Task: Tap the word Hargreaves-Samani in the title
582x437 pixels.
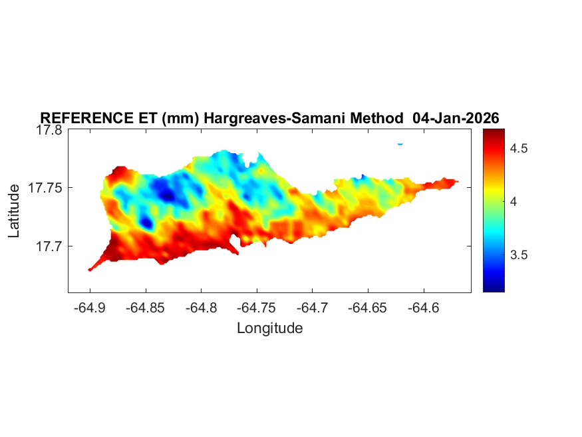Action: tap(265, 118)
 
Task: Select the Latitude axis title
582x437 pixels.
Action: tap(15, 211)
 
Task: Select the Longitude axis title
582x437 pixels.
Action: tap(269, 328)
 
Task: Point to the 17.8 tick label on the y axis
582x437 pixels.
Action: tap(49, 130)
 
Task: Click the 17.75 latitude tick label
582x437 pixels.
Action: tap(45, 188)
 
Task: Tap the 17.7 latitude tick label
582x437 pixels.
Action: tap(49, 246)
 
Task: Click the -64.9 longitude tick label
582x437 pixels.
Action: tap(90, 308)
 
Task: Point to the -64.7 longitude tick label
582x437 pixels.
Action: tap(313, 308)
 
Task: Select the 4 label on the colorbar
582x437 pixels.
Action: tap(513, 201)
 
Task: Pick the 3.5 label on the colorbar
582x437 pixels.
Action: tap(519, 255)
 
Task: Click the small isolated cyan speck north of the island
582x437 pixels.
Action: tap(400, 143)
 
